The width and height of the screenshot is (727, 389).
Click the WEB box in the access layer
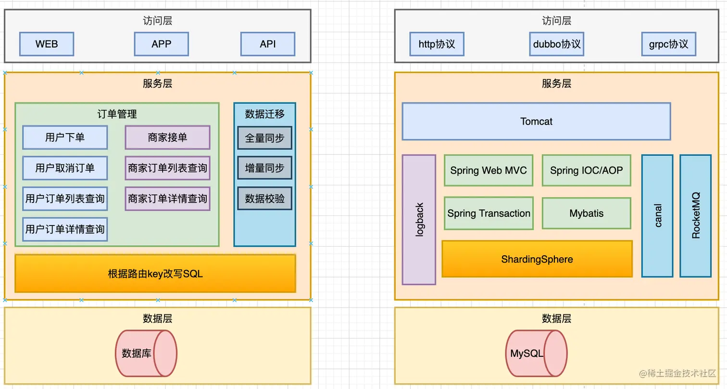click(47, 44)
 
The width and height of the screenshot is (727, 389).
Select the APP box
click(161, 44)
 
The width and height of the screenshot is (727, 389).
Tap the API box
click(268, 44)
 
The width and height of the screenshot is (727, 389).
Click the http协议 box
click(437, 44)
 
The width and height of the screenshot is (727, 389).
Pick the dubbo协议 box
click(557, 44)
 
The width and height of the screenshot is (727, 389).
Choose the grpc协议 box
click(668, 44)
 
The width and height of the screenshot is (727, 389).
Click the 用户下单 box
click(65, 138)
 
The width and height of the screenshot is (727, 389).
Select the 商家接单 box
click(167, 138)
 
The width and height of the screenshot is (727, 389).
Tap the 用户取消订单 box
click(65, 168)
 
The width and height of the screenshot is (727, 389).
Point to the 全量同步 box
click(264, 138)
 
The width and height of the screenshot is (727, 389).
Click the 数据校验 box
click(264, 198)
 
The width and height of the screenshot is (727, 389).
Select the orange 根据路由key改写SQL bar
click(155, 274)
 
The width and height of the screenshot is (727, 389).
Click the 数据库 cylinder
click(146, 353)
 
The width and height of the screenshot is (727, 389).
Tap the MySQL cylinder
click(536, 353)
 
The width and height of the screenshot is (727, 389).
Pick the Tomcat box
click(536, 122)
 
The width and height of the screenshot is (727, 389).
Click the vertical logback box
click(419, 219)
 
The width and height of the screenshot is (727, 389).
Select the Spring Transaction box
click(489, 213)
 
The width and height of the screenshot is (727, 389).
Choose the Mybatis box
click(586, 213)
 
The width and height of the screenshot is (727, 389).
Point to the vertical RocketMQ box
click(695, 215)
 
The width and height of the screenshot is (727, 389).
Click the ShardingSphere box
click(537, 259)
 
